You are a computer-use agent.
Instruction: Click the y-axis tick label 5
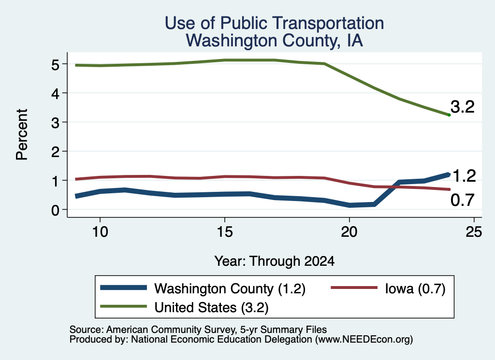point(55,65)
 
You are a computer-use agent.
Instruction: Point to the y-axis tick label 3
point(55,123)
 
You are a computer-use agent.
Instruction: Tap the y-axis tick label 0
point(55,210)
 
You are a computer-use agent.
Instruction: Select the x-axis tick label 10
point(100,232)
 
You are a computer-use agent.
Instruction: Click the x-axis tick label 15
point(225,232)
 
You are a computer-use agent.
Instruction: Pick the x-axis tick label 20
point(349,232)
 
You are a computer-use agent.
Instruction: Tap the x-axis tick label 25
point(474,232)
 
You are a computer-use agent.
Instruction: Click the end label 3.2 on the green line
point(463,107)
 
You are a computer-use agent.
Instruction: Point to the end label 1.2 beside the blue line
point(464,176)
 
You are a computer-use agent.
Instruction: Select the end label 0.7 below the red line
point(463,200)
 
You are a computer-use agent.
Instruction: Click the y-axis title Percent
point(22,134)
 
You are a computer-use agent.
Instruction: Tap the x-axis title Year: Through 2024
point(275,261)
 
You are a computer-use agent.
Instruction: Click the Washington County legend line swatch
point(123,288)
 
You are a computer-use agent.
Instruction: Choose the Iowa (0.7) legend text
point(415,288)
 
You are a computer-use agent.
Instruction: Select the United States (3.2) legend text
point(211,307)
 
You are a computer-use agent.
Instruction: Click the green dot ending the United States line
point(449,115)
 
